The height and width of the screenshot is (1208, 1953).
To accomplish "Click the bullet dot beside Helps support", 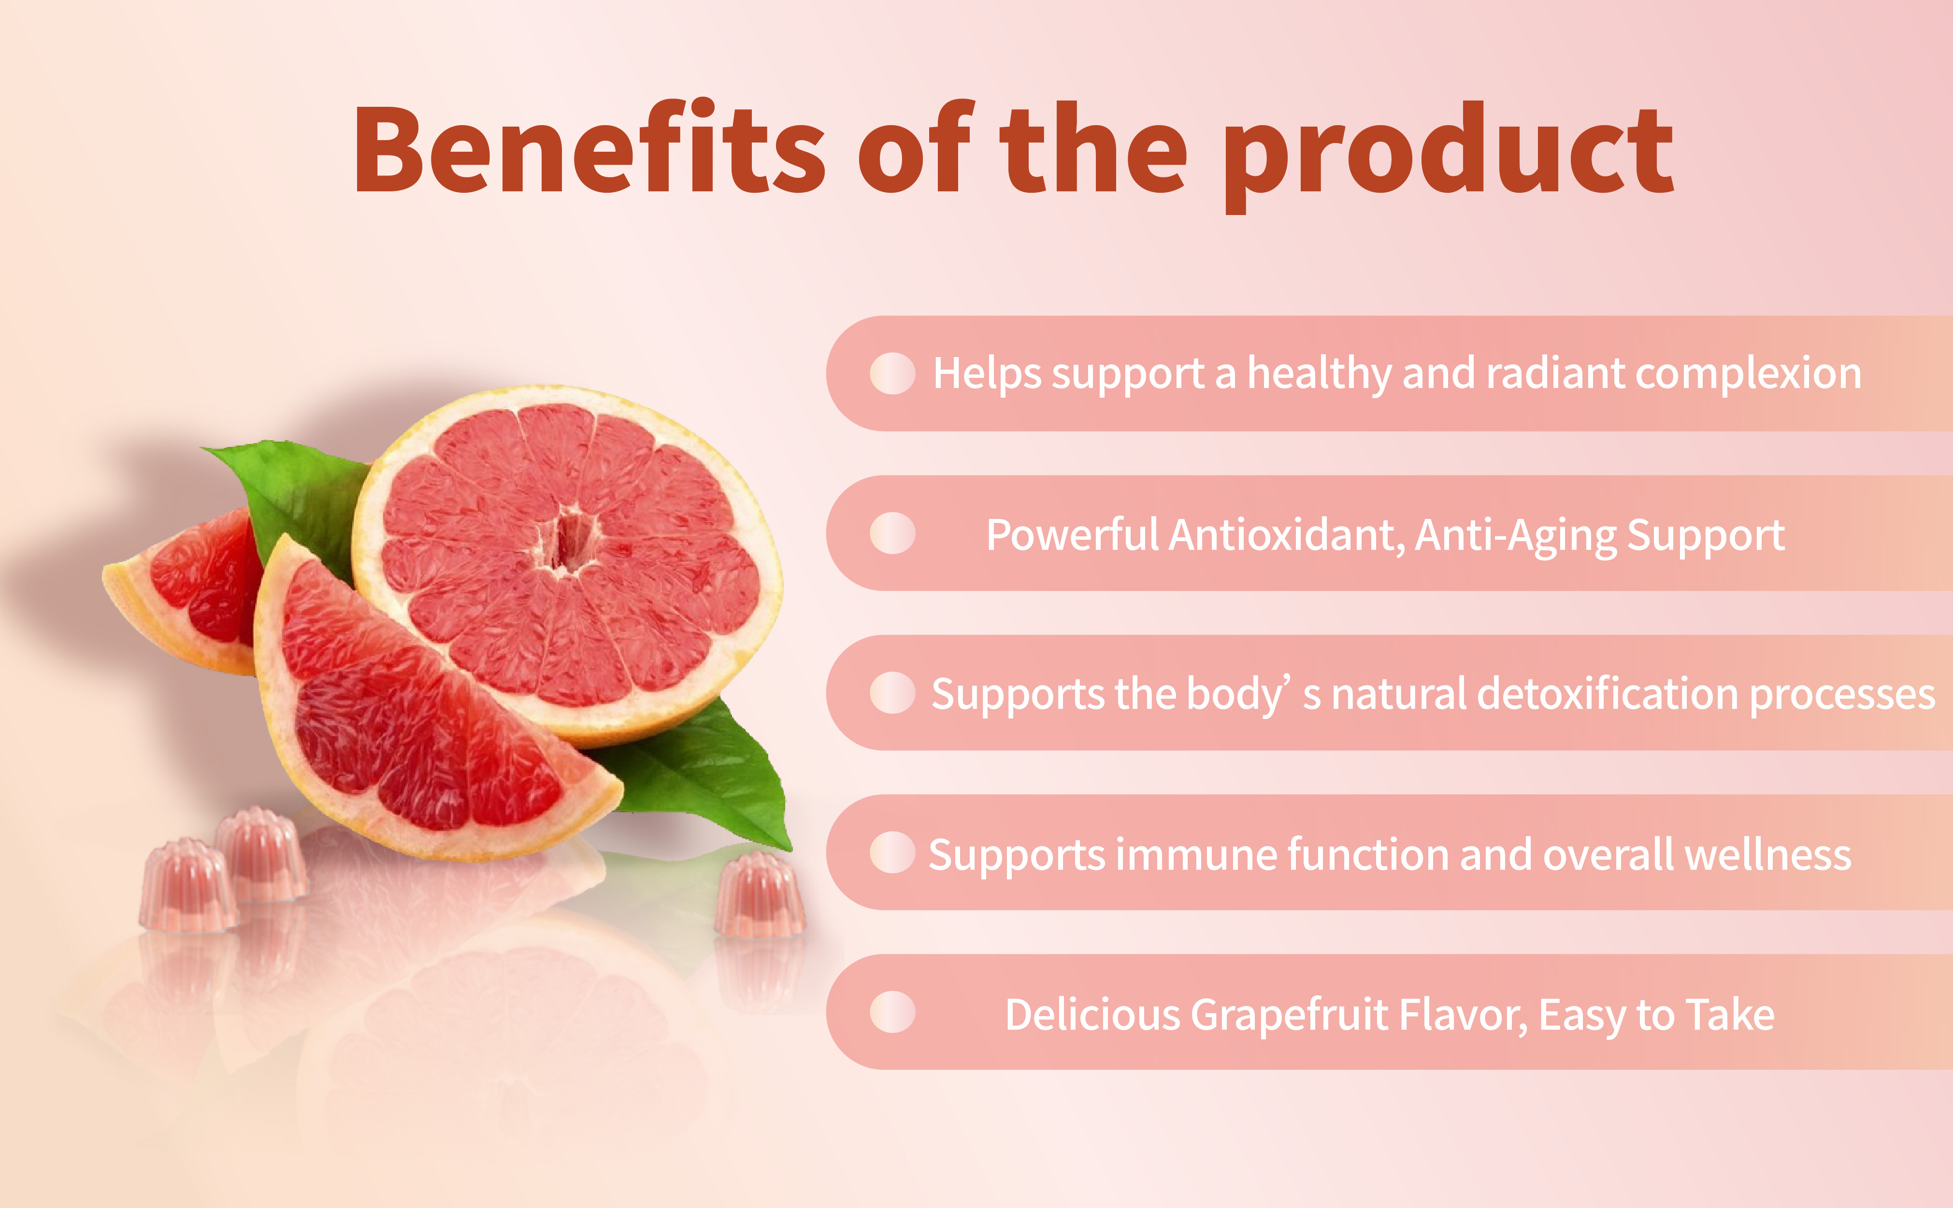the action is click(x=892, y=373).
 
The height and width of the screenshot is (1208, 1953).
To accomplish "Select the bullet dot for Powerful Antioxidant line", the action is click(x=892, y=533).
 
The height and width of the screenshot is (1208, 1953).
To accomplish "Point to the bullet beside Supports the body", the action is click(x=892, y=693).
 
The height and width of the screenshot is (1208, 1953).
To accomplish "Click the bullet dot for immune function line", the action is click(x=892, y=852).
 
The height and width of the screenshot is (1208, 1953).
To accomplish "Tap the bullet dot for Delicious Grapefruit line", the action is click(x=892, y=1012).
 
